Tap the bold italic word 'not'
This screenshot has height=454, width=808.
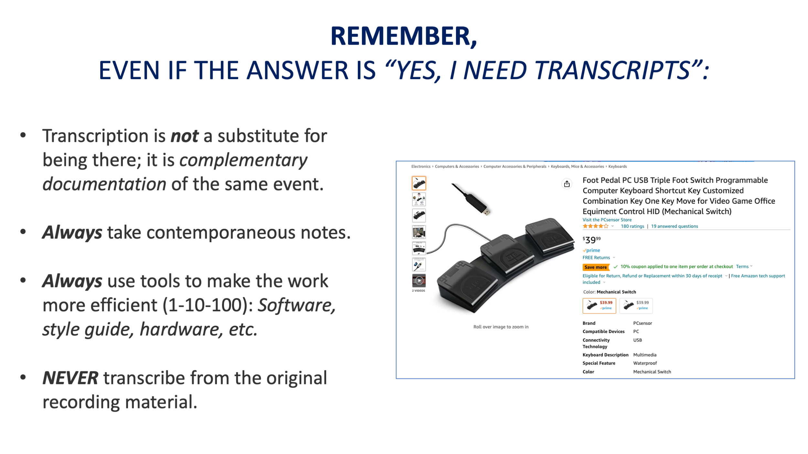click(185, 136)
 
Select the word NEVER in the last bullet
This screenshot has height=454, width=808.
click(70, 378)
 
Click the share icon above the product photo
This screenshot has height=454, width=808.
click(567, 184)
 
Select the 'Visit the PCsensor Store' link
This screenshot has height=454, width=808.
click(607, 220)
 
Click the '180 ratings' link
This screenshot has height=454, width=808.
click(632, 226)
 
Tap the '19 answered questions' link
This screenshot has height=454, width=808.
click(675, 226)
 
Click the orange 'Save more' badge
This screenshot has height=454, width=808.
click(596, 267)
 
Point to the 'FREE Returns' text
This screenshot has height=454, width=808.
click(596, 258)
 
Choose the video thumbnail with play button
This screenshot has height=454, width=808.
click(419, 281)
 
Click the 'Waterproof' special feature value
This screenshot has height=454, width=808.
click(645, 363)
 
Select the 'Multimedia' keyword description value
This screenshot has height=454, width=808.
click(645, 355)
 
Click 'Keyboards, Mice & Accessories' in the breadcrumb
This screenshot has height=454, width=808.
click(577, 167)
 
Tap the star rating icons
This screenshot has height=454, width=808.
click(595, 226)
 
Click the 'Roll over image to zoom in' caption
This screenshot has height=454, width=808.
click(501, 327)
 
